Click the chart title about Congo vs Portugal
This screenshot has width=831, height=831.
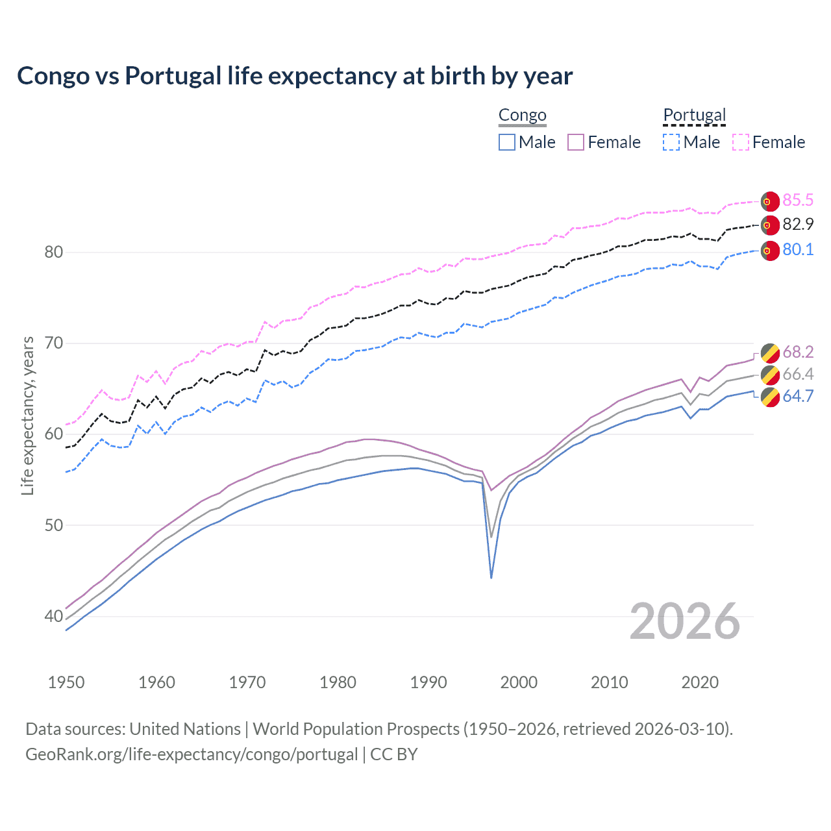tap(295, 76)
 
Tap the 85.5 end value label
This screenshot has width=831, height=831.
tap(798, 200)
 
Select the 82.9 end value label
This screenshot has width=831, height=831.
tap(798, 225)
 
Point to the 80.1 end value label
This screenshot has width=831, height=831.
tap(798, 250)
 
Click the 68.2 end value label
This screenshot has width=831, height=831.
tap(798, 352)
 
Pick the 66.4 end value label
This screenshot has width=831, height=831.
tap(798, 374)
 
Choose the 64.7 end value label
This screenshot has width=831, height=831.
tap(798, 396)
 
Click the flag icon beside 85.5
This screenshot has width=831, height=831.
tap(770, 201)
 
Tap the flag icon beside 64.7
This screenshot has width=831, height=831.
tap(770, 397)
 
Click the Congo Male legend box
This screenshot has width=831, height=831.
tap(507, 142)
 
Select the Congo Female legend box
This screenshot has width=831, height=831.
tap(576, 142)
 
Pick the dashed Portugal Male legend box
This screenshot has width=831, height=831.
tap(671, 142)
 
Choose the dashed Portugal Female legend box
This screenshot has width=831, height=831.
tap(741, 142)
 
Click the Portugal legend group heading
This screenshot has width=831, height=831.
tap(694, 116)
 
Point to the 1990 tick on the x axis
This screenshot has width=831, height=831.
tap(428, 682)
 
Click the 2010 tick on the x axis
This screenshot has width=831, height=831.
tap(609, 682)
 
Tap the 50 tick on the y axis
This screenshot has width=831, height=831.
tap(54, 525)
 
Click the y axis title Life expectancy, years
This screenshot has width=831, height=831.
tap(27, 416)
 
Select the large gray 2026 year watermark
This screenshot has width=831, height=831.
tap(685, 621)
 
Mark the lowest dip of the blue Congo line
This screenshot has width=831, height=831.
tap(491, 577)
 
